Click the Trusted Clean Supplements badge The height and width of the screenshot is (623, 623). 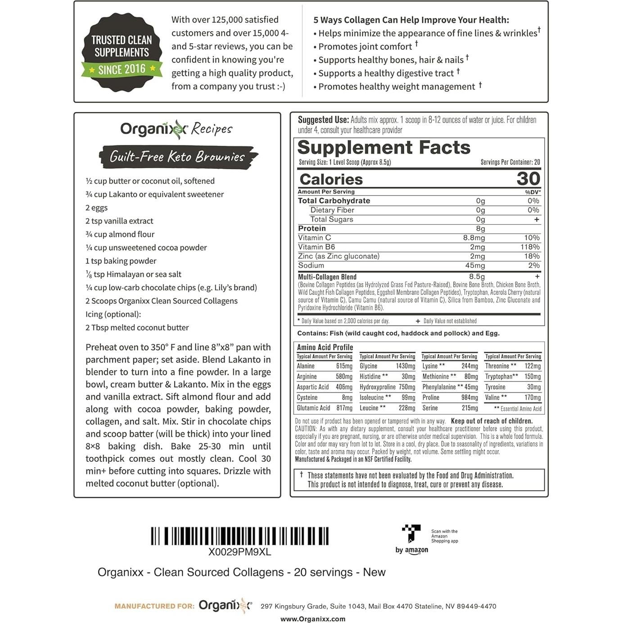(122, 53)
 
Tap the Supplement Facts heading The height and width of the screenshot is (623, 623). (384, 148)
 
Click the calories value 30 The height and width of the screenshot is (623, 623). (528, 179)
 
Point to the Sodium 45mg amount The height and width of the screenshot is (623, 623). (475, 266)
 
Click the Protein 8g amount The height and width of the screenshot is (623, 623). (480, 229)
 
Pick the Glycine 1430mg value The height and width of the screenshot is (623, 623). (405, 366)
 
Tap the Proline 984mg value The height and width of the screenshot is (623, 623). (469, 397)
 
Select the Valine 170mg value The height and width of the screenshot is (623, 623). (533, 397)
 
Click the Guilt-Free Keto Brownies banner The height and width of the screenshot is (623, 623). (178, 157)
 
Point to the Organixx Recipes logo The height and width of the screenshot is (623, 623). (176, 129)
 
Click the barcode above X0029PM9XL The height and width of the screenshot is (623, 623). (239, 536)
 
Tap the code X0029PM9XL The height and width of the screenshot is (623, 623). (239, 552)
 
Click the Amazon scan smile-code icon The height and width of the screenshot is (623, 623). (411, 533)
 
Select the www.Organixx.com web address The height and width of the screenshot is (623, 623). (313, 619)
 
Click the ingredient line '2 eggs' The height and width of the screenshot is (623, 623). (97, 208)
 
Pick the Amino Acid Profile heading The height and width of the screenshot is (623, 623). (325, 348)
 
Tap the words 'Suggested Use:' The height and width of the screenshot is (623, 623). (323, 120)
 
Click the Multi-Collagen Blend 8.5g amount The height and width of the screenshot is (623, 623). (477, 277)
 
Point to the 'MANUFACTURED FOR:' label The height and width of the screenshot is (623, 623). (154, 606)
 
